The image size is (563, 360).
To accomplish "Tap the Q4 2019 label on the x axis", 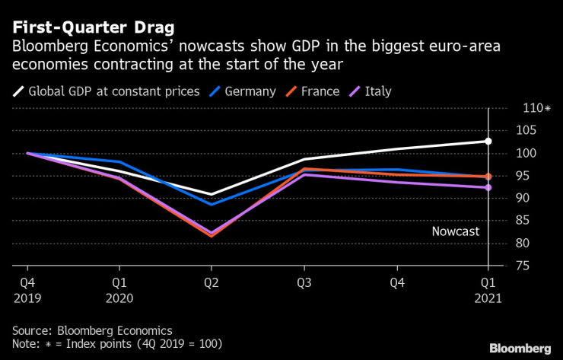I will pos(27,290).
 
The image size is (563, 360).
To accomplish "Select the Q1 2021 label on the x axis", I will pos(488,290).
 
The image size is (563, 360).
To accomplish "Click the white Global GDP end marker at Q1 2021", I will pos(488,142).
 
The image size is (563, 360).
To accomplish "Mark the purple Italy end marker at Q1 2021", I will pos(488,187).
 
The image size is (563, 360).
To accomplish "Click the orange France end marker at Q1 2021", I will pos(488,177).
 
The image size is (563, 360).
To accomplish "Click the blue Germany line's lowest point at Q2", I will pos(212,204).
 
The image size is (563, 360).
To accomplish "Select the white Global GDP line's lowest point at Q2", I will pos(212,195).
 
